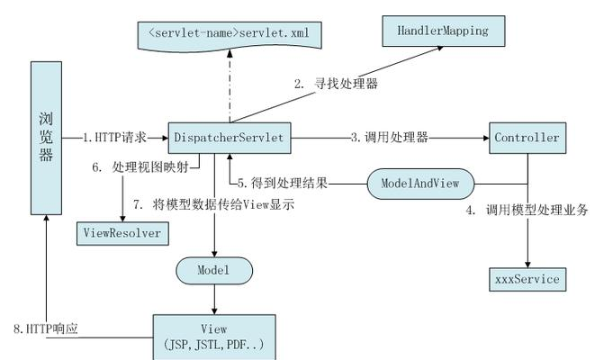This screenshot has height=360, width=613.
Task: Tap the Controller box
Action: click(x=527, y=138)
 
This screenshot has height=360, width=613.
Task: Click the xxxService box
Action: click(x=527, y=279)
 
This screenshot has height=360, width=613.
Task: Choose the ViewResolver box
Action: click(x=122, y=232)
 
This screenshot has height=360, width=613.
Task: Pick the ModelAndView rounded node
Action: click(x=420, y=183)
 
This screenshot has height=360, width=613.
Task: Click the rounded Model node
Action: click(x=213, y=269)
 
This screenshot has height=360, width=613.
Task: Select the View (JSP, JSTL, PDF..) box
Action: click(x=213, y=337)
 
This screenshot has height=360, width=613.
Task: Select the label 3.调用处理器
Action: click(x=389, y=138)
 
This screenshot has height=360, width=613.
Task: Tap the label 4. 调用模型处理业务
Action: click(x=527, y=211)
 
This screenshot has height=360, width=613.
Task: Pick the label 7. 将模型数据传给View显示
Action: click(x=213, y=205)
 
